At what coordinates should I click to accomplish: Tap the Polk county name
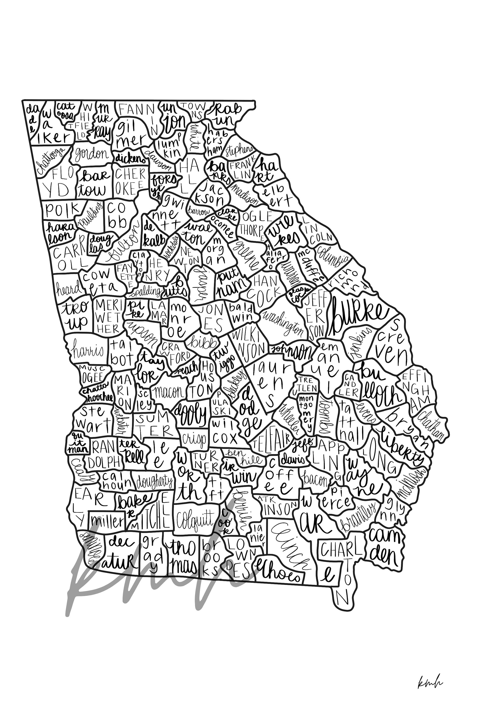coord(62,209)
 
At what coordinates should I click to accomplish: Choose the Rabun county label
coord(227,115)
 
